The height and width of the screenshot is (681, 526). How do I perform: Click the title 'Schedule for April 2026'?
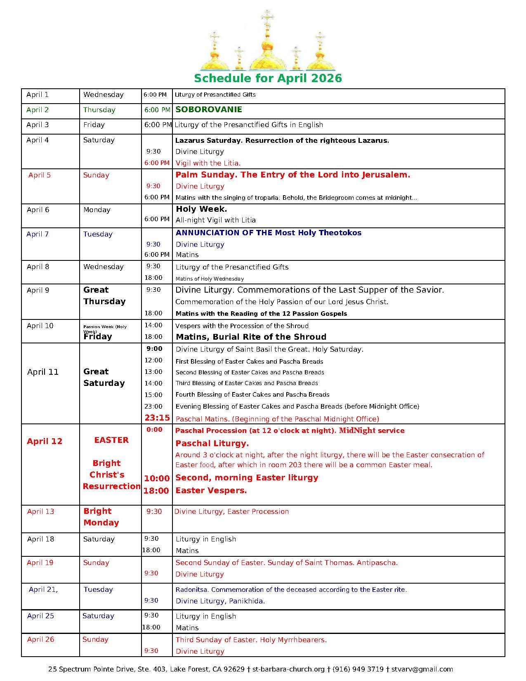coord(268,78)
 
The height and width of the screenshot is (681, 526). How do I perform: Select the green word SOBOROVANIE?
coord(209,110)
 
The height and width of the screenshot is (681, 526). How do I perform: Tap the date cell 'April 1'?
coord(38,95)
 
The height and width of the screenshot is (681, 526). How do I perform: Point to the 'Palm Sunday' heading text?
coord(292,175)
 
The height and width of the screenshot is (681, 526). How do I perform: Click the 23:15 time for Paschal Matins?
coord(157,418)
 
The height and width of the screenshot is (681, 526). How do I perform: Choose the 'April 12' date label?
coord(45,441)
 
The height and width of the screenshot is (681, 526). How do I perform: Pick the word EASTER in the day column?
coord(111,440)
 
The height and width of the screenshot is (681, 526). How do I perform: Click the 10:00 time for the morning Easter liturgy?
coord(157,478)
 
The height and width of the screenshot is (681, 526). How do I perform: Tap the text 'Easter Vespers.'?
coord(211,490)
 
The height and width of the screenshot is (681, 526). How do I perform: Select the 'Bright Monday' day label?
coord(101,517)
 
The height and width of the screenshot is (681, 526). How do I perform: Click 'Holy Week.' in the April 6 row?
coord(201,209)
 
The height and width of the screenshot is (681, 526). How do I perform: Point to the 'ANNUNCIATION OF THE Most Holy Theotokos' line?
coord(268,233)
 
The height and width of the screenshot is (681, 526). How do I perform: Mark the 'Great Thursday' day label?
coord(104,296)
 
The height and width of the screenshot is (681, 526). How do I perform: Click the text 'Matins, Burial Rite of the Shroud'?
coord(251,337)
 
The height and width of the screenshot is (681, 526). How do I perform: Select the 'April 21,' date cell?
coord(43,589)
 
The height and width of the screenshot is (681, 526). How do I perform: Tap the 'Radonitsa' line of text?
coord(291,589)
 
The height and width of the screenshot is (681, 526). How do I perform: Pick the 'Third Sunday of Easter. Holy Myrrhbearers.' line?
coord(251,640)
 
